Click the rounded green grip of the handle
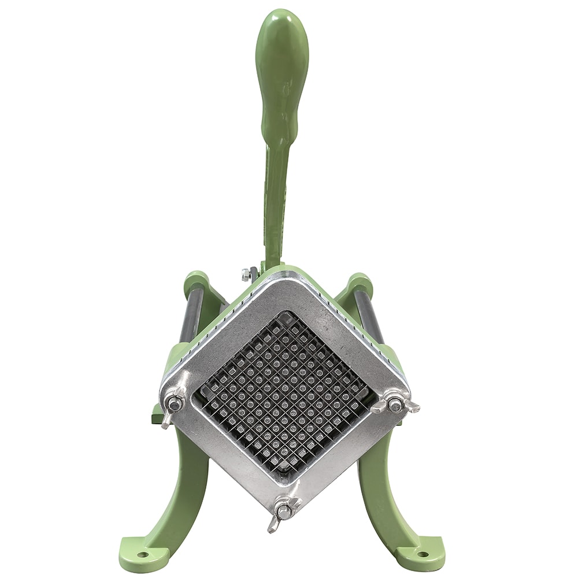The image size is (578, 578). pos(281,69)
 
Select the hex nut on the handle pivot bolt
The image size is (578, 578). pos(246,275)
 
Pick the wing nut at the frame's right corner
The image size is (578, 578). pos(395,404)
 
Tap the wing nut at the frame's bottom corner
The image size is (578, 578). pos(283,512)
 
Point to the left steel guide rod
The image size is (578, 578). pos(192,315)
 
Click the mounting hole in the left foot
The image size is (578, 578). pos(142,554)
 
